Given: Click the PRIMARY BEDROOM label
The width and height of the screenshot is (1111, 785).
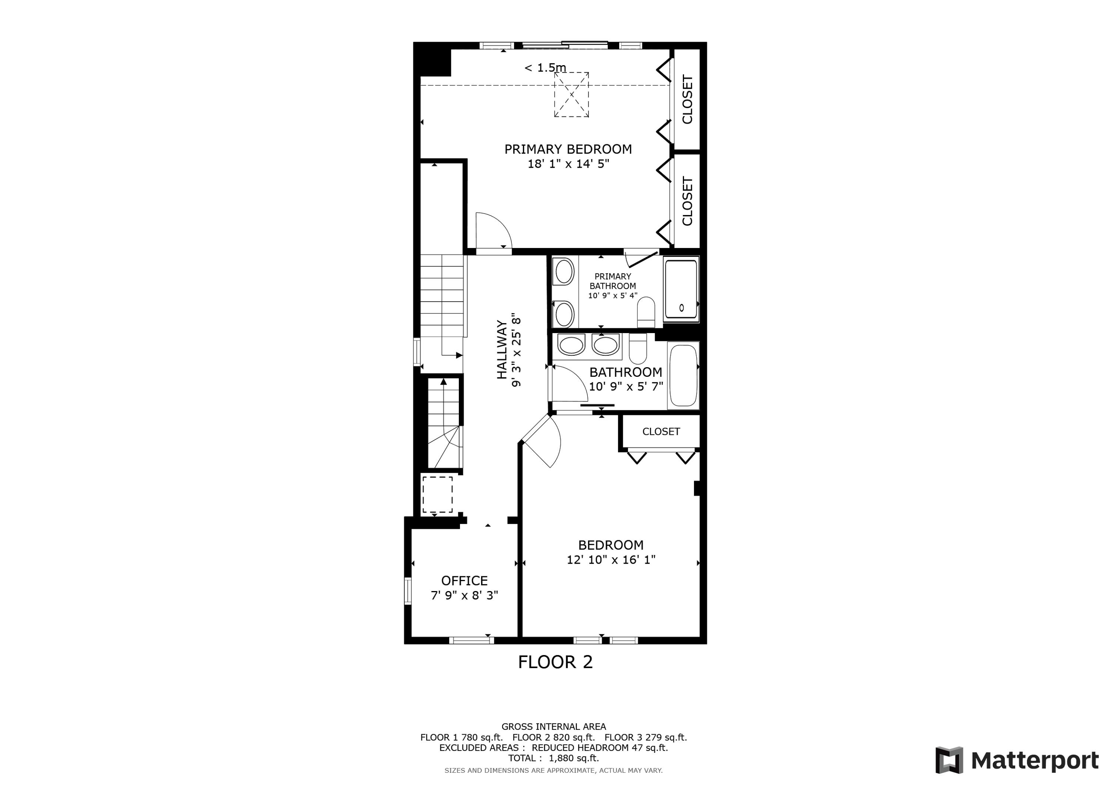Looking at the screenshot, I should (x=568, y=149).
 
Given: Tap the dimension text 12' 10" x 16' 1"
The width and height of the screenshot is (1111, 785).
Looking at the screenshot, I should (x=611, y=560).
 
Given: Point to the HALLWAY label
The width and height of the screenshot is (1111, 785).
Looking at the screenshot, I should (x=502, y=349).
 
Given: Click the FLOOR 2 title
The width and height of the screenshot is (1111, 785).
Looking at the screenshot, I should (x=555, y=662).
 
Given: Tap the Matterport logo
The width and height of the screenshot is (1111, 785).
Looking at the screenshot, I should (x=1016, y=760).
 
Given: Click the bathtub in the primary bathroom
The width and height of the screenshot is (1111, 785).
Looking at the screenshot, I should (x=681, y=289).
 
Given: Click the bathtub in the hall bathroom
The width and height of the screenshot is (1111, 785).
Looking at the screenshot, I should (x=683, y=375).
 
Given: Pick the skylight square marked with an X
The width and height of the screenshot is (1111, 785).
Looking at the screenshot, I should (x=571, y=95).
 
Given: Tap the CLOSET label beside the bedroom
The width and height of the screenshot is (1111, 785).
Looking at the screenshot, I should (x=661, y=432).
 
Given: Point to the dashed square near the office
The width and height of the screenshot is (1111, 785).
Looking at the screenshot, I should (x=437, y=494).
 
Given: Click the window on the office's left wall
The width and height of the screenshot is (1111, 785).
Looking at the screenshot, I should (x=408, y=591).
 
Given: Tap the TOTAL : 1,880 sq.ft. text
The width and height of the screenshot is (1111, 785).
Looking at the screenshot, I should (x=553, y=758).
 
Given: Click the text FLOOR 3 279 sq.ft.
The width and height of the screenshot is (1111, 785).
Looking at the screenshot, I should (x=645, y=737).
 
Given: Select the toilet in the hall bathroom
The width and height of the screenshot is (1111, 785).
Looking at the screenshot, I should (x=637, y=349).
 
